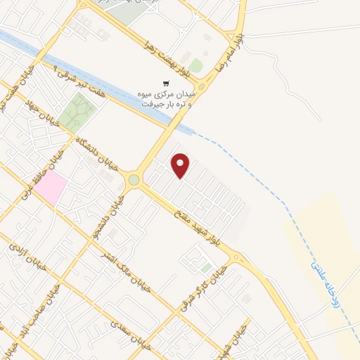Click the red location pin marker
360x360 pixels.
click(181, 165)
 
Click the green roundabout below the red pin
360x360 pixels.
click(134, 181)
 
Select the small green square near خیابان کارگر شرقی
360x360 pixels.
click(205, 267)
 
